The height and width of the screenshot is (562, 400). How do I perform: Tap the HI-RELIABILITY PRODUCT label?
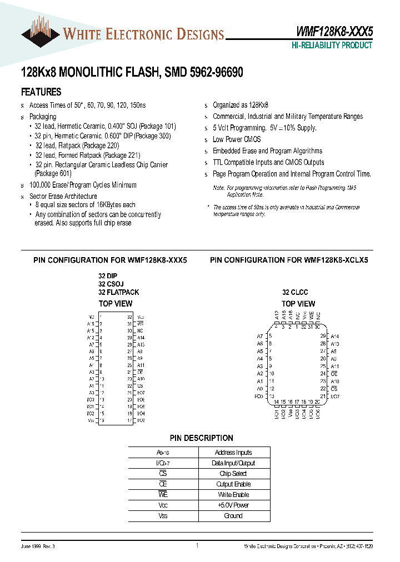tap(332, 46)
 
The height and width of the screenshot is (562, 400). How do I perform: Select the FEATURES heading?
tap(41, 92)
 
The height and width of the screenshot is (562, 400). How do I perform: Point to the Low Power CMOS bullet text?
tap(236, 139)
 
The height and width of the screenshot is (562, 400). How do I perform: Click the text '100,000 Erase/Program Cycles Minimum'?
tap(83, 185)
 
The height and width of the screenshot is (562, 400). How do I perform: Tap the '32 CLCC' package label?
tap(294, 292)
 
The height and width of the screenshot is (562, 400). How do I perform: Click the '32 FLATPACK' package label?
tap(118, 292)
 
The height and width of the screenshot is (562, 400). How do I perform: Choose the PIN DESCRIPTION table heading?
tap(202, 438)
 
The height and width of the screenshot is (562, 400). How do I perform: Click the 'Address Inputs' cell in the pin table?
tap(233, 453)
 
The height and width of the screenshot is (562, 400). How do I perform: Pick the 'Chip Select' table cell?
tap(233, 474)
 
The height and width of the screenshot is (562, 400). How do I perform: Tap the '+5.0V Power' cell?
tap(233, 505)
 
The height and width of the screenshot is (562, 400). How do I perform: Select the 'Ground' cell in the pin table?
tap(233, 516)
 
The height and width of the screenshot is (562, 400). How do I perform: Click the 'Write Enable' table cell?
tap(233, 495)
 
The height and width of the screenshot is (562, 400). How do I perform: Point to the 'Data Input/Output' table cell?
tap(233, 463)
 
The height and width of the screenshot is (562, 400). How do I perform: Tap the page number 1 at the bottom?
tap(197, 546)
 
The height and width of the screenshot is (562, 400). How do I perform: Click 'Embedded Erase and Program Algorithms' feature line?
tap(267, 151)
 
